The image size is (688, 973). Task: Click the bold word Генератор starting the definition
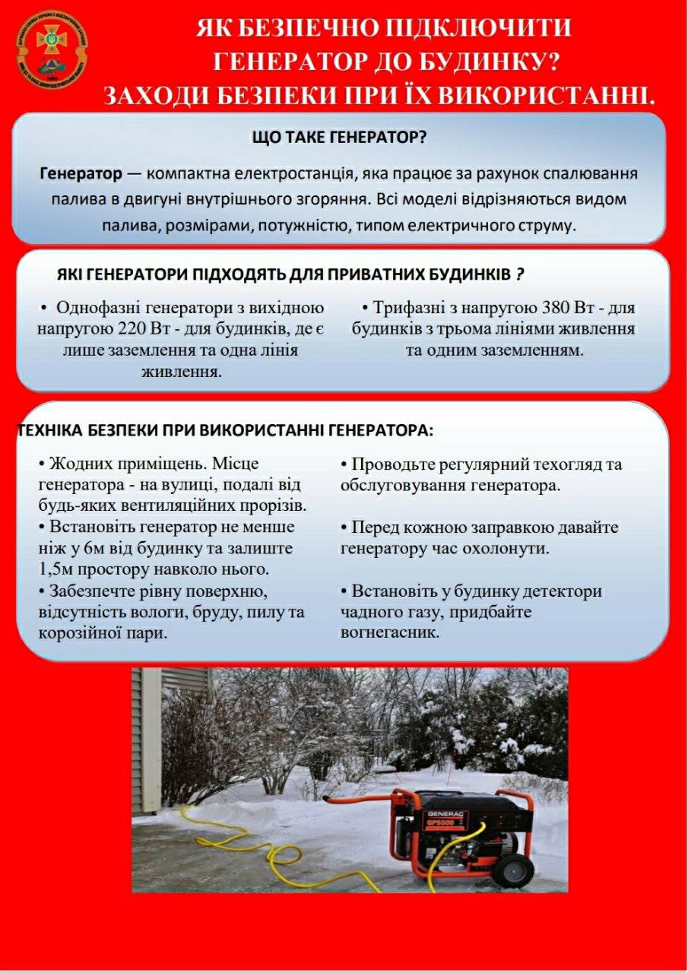(x=80, y=174)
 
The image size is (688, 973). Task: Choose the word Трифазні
(x=408, y=309)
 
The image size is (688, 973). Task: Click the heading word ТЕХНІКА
(x=49, y=430)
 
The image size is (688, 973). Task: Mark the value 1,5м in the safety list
(x=59, y=569)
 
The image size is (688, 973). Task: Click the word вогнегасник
(x=390, y=632)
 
